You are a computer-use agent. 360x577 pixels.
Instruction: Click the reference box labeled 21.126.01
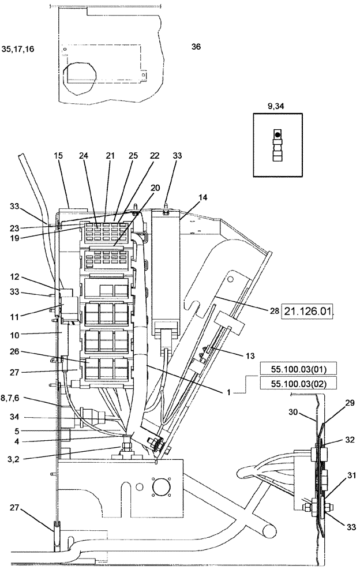point(308,312)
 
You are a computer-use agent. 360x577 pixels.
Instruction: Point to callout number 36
point(196,48)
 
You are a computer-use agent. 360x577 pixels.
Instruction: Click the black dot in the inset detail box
point(278,134)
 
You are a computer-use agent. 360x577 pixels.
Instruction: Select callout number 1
point(230,391)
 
